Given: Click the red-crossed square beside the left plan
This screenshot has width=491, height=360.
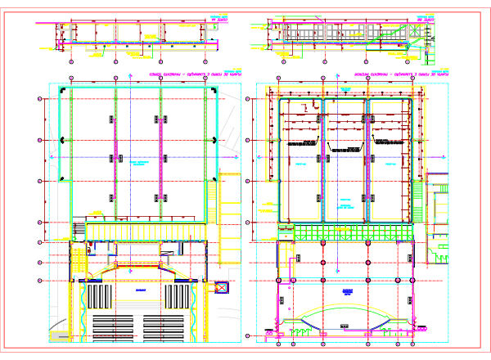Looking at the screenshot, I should (220, 287).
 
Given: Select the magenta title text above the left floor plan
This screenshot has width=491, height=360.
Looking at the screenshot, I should (191, 74).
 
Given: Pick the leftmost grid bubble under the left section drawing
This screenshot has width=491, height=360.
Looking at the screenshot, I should (71, 61).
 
